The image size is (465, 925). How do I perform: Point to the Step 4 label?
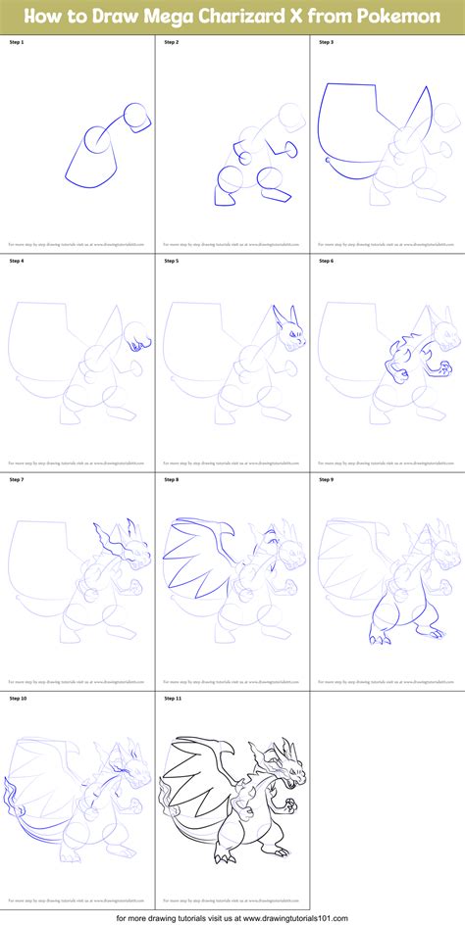pyautogui.click(x=18, y=262)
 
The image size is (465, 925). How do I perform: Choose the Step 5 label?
pyautogui.click(x=173, y=262)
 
